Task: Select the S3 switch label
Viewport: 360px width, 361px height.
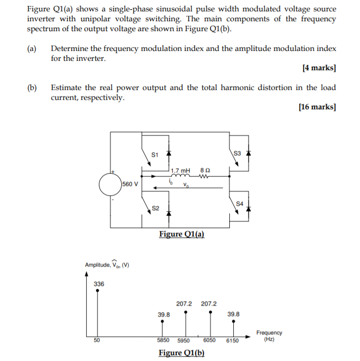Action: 237,153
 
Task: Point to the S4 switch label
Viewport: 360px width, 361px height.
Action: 240,203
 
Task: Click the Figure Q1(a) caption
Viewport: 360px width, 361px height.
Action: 181,234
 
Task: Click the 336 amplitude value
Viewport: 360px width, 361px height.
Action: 99,284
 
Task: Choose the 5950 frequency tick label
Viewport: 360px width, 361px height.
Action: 184,341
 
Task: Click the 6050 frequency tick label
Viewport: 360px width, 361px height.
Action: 209,341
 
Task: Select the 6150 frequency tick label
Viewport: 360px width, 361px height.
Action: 232,341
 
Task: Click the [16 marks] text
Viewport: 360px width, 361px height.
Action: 317,107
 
